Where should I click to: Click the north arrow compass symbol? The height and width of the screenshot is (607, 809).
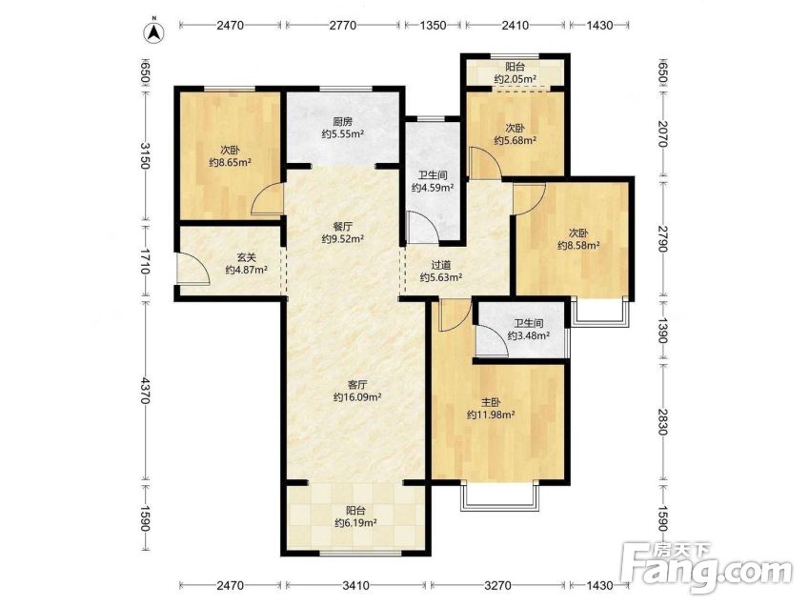[x=153, y=32]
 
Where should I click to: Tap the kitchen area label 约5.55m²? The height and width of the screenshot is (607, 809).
[x=343, y=134]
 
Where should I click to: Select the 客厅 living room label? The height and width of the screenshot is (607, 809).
[x=357, y=385]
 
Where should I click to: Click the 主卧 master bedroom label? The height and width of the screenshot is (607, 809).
[x=491, y=402]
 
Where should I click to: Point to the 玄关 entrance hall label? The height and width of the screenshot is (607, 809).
[x=246, y=256]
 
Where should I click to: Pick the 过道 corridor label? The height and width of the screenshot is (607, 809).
[x=441, y=265]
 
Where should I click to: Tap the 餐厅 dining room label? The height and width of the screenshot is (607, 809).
[x=343, y=226]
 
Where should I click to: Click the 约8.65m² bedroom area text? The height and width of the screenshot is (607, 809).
[x=230, y=163]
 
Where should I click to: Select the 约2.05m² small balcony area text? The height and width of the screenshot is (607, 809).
[x=515, y=79]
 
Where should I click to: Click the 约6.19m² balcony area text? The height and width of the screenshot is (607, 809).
[x=355, y=523]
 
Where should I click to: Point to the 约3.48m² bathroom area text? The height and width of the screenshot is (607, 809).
[x=528, y=336]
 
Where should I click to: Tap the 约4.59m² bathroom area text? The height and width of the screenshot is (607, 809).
[x=433, y=188]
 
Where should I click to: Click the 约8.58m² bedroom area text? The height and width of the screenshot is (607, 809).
[x=578, y=246]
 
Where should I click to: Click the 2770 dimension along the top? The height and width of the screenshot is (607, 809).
[x=343, y=25]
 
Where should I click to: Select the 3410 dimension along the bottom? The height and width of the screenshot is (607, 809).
[x=355, y=585]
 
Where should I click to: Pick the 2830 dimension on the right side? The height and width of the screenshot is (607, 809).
[x=664, y=421]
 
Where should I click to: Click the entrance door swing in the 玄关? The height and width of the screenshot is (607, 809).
[x=193, y=269]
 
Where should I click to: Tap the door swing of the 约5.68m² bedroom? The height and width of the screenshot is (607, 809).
[x=484, y=164]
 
